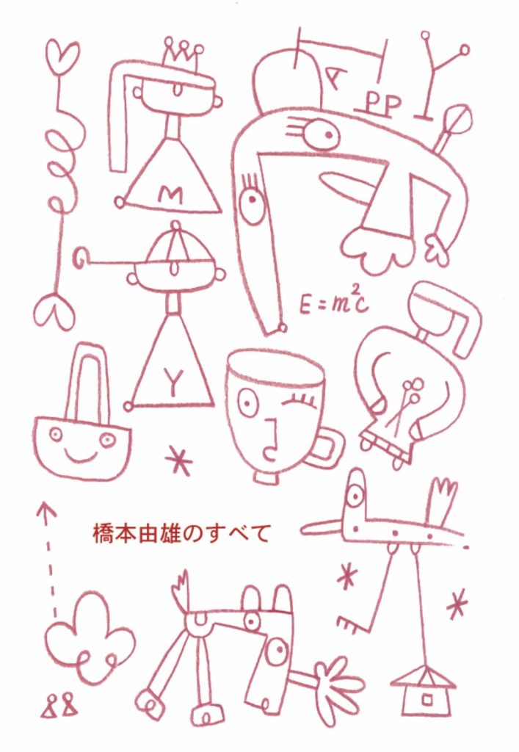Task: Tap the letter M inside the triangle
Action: pyautogui.click(x=170, y=195)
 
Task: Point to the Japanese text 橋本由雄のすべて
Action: pyautogui.click(x=181, y=533)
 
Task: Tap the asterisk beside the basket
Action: pyautogui.click(x=178, y=460)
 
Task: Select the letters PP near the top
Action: pyautogui.click(x=383, y=104)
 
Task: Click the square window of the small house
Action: pyautogui.click(x=426, y=700)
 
